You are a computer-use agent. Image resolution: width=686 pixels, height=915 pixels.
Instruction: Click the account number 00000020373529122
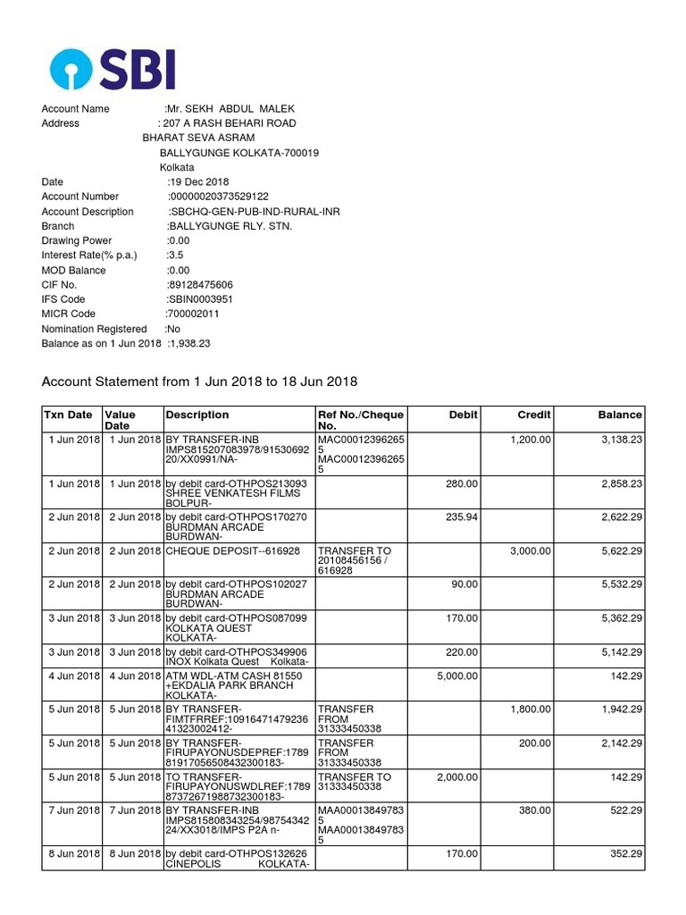(219, 197)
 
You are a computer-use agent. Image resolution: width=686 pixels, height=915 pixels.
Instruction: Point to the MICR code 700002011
(192, 314)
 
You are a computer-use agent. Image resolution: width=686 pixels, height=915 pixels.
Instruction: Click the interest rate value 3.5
(174, 255)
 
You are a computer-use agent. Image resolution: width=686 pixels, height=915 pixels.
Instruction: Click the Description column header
(197, 415)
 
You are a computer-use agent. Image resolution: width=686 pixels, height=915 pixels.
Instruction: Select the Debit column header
(464, 415)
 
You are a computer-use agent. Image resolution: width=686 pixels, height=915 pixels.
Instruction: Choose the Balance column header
(620, 415)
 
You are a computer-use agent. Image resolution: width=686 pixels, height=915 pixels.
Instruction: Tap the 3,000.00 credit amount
(530, 551)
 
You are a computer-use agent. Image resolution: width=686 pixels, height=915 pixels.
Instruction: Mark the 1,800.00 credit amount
(530, 709)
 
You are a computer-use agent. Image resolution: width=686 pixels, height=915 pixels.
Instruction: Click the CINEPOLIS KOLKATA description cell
(237, 860)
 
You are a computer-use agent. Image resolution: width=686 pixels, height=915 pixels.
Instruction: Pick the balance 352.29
(623, 853)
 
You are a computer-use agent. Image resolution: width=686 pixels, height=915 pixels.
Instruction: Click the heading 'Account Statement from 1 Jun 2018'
(199, 382)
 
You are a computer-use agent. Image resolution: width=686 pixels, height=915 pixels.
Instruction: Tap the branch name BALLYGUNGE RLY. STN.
(230, 226)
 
